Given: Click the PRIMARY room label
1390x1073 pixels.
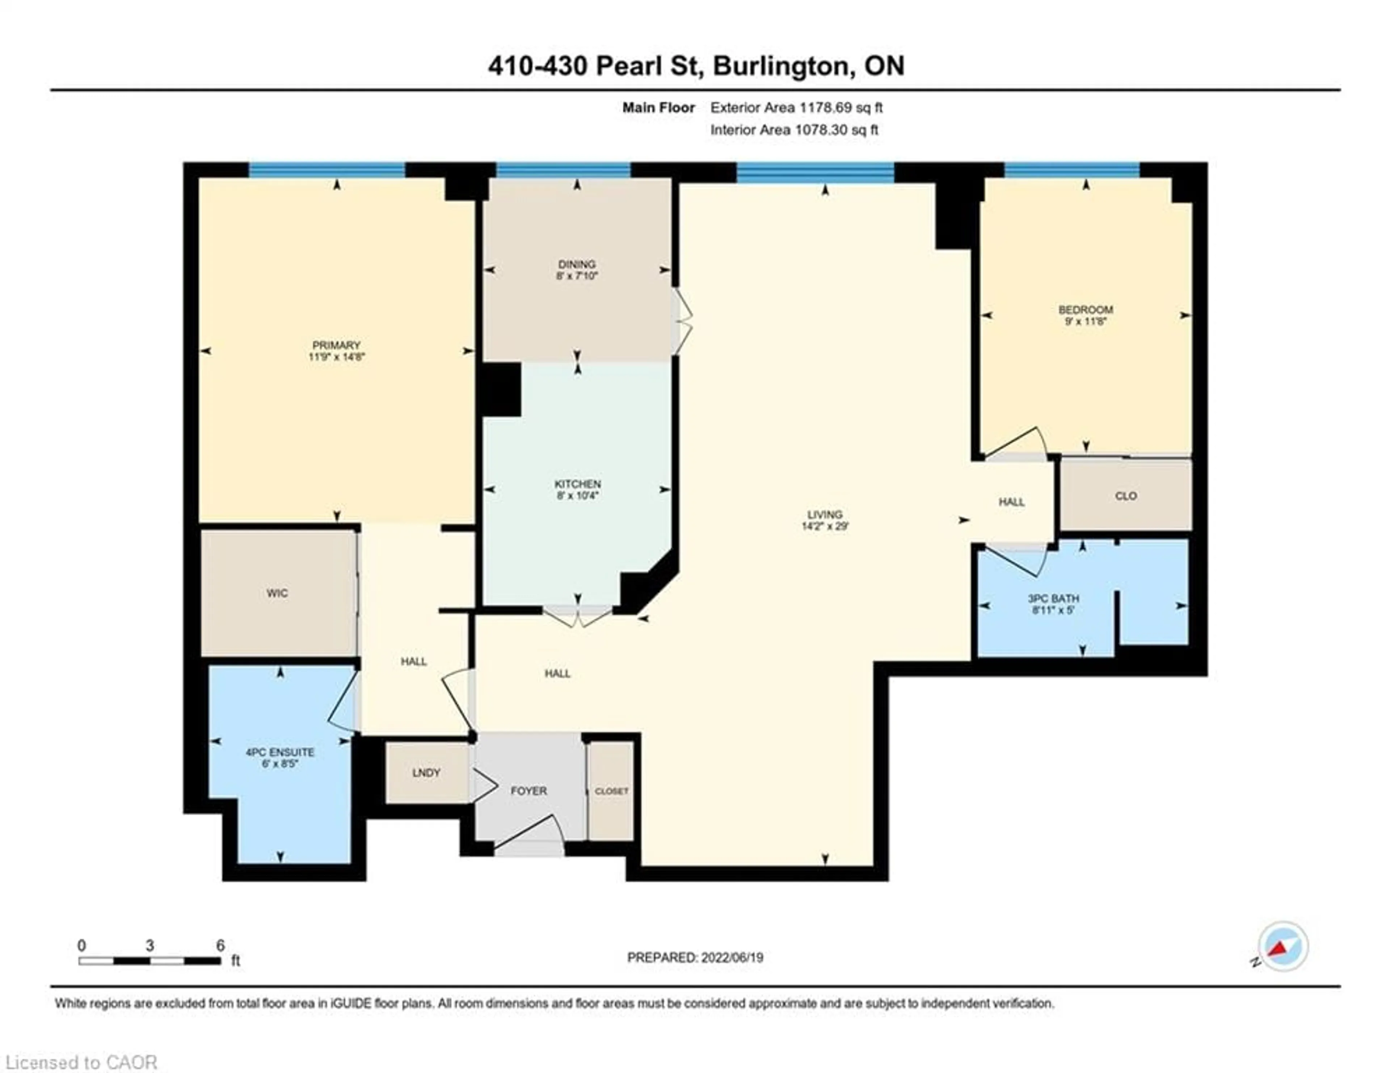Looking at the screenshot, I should [336, 345].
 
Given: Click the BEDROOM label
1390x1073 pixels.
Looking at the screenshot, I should [1085, 309].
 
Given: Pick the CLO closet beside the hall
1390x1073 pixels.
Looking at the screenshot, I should [1125, 496].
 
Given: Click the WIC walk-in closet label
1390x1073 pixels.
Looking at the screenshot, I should [277, 593].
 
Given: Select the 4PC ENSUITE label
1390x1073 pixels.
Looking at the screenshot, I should [280, 752].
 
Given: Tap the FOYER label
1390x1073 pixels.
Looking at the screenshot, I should [528, 790].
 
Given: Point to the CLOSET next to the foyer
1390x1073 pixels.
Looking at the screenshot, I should [611, 791].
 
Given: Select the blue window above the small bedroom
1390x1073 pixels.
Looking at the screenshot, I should [1072, 169].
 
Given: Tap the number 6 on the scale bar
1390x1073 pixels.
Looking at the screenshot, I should [220, 946].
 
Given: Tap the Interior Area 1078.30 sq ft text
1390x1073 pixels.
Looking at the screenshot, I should [794, 130].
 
